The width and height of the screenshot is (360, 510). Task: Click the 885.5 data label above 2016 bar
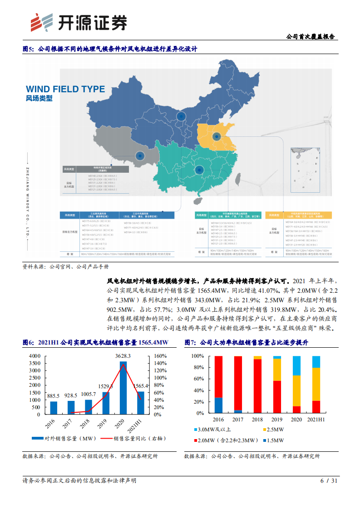point(54,396)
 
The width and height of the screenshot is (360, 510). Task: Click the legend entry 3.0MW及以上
point(211,429)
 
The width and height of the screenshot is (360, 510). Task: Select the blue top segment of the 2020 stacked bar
point(296,365)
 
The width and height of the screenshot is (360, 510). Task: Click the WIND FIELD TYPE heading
point(65,89)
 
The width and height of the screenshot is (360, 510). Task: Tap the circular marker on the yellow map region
point(217,135)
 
